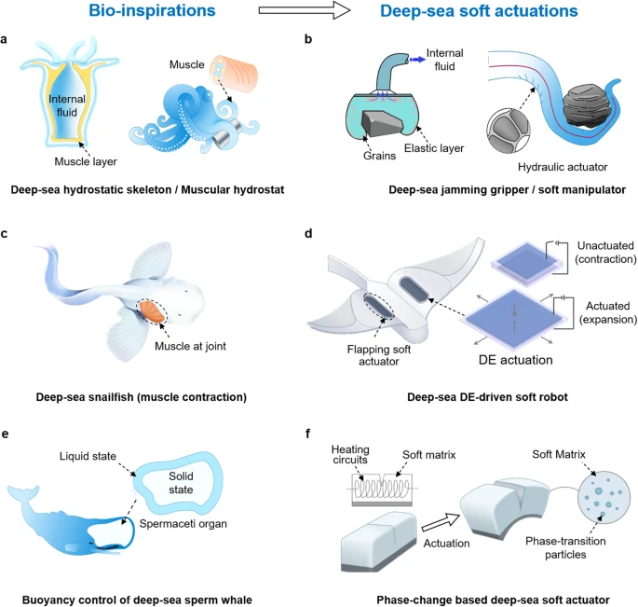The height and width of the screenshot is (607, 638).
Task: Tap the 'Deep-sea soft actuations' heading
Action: tap(479, 13)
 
